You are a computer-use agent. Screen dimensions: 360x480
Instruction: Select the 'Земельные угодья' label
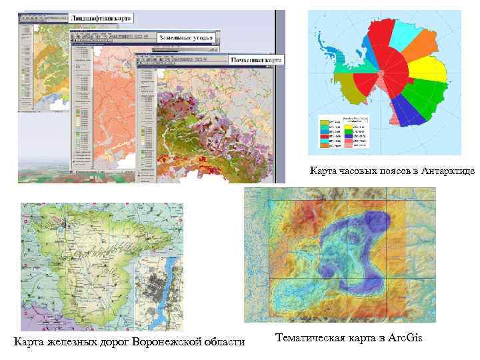(186, 37)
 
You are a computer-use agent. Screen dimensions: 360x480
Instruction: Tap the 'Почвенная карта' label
(257, 59)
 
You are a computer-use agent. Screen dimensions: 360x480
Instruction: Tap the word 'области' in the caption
(225, 342)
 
